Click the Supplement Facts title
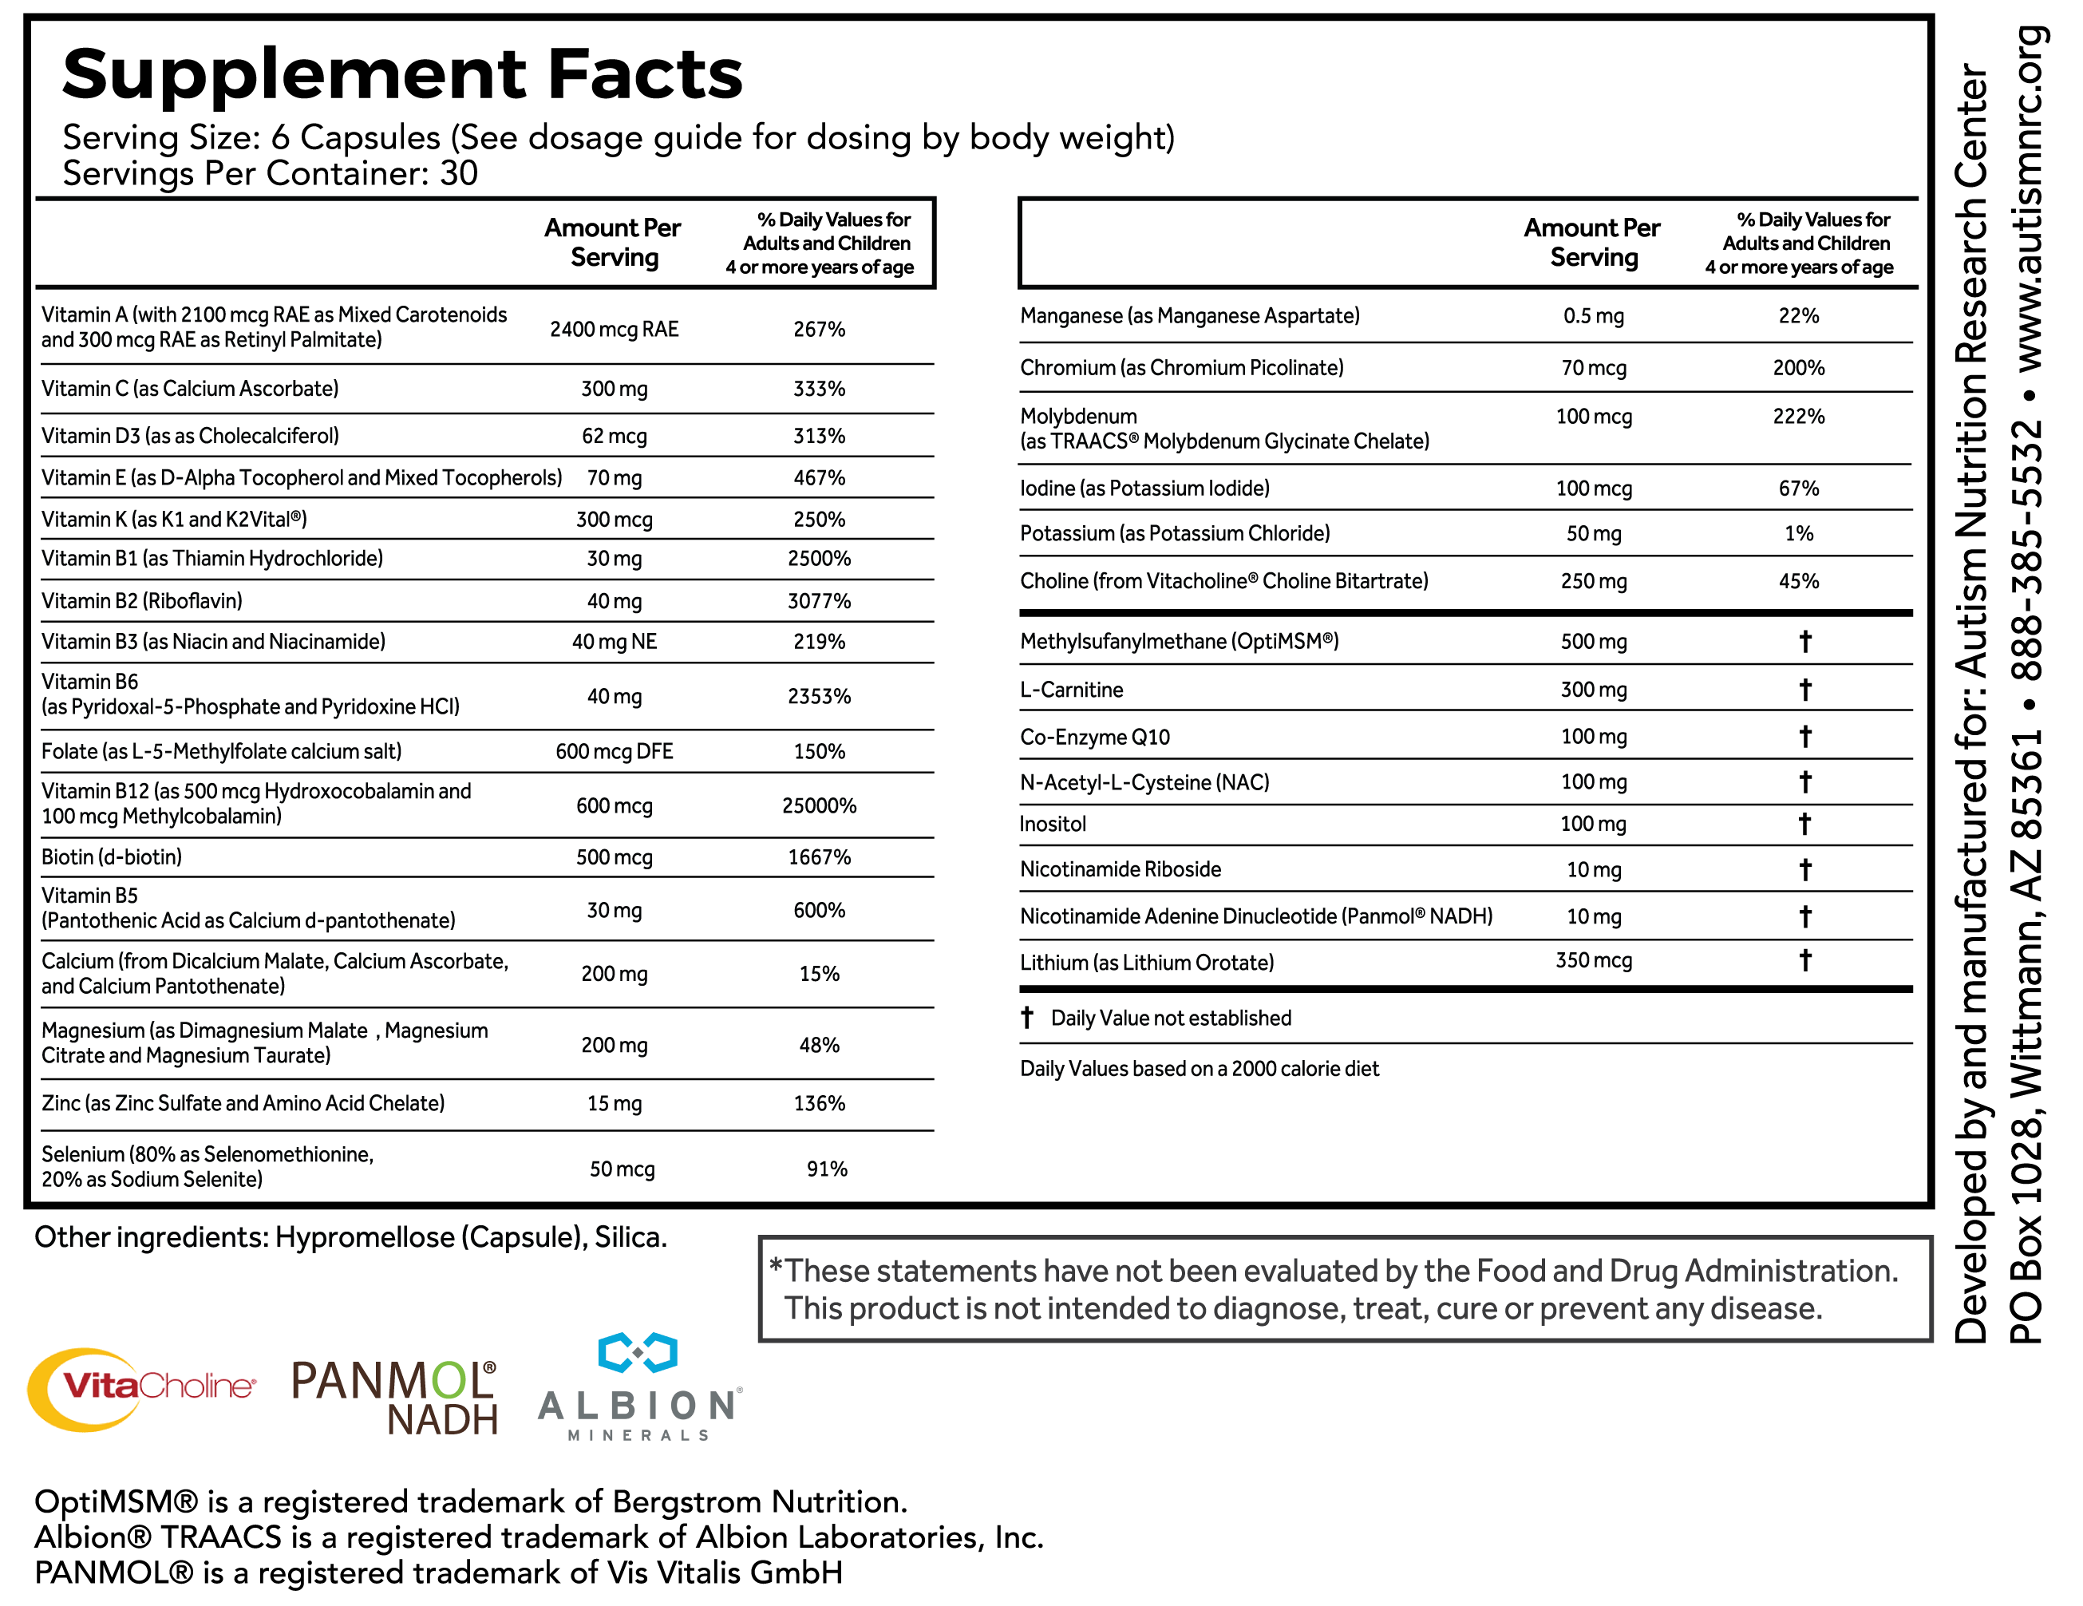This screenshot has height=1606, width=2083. point(401,74)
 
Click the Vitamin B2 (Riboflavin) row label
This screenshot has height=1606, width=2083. point(141,601)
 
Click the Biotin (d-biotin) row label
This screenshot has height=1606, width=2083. point(112,856)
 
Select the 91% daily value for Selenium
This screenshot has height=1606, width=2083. point(826,1169)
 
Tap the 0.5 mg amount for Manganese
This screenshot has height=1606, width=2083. point(1593,315)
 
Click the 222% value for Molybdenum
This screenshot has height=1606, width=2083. point(1798,416)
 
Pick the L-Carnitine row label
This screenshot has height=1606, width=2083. point(1071,690)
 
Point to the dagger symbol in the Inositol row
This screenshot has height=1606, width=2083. point(1804,824)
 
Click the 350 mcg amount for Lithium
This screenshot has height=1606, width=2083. point(1593,960)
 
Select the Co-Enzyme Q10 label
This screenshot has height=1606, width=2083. point(1094,736)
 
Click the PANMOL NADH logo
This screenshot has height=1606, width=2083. point(395,1397)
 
